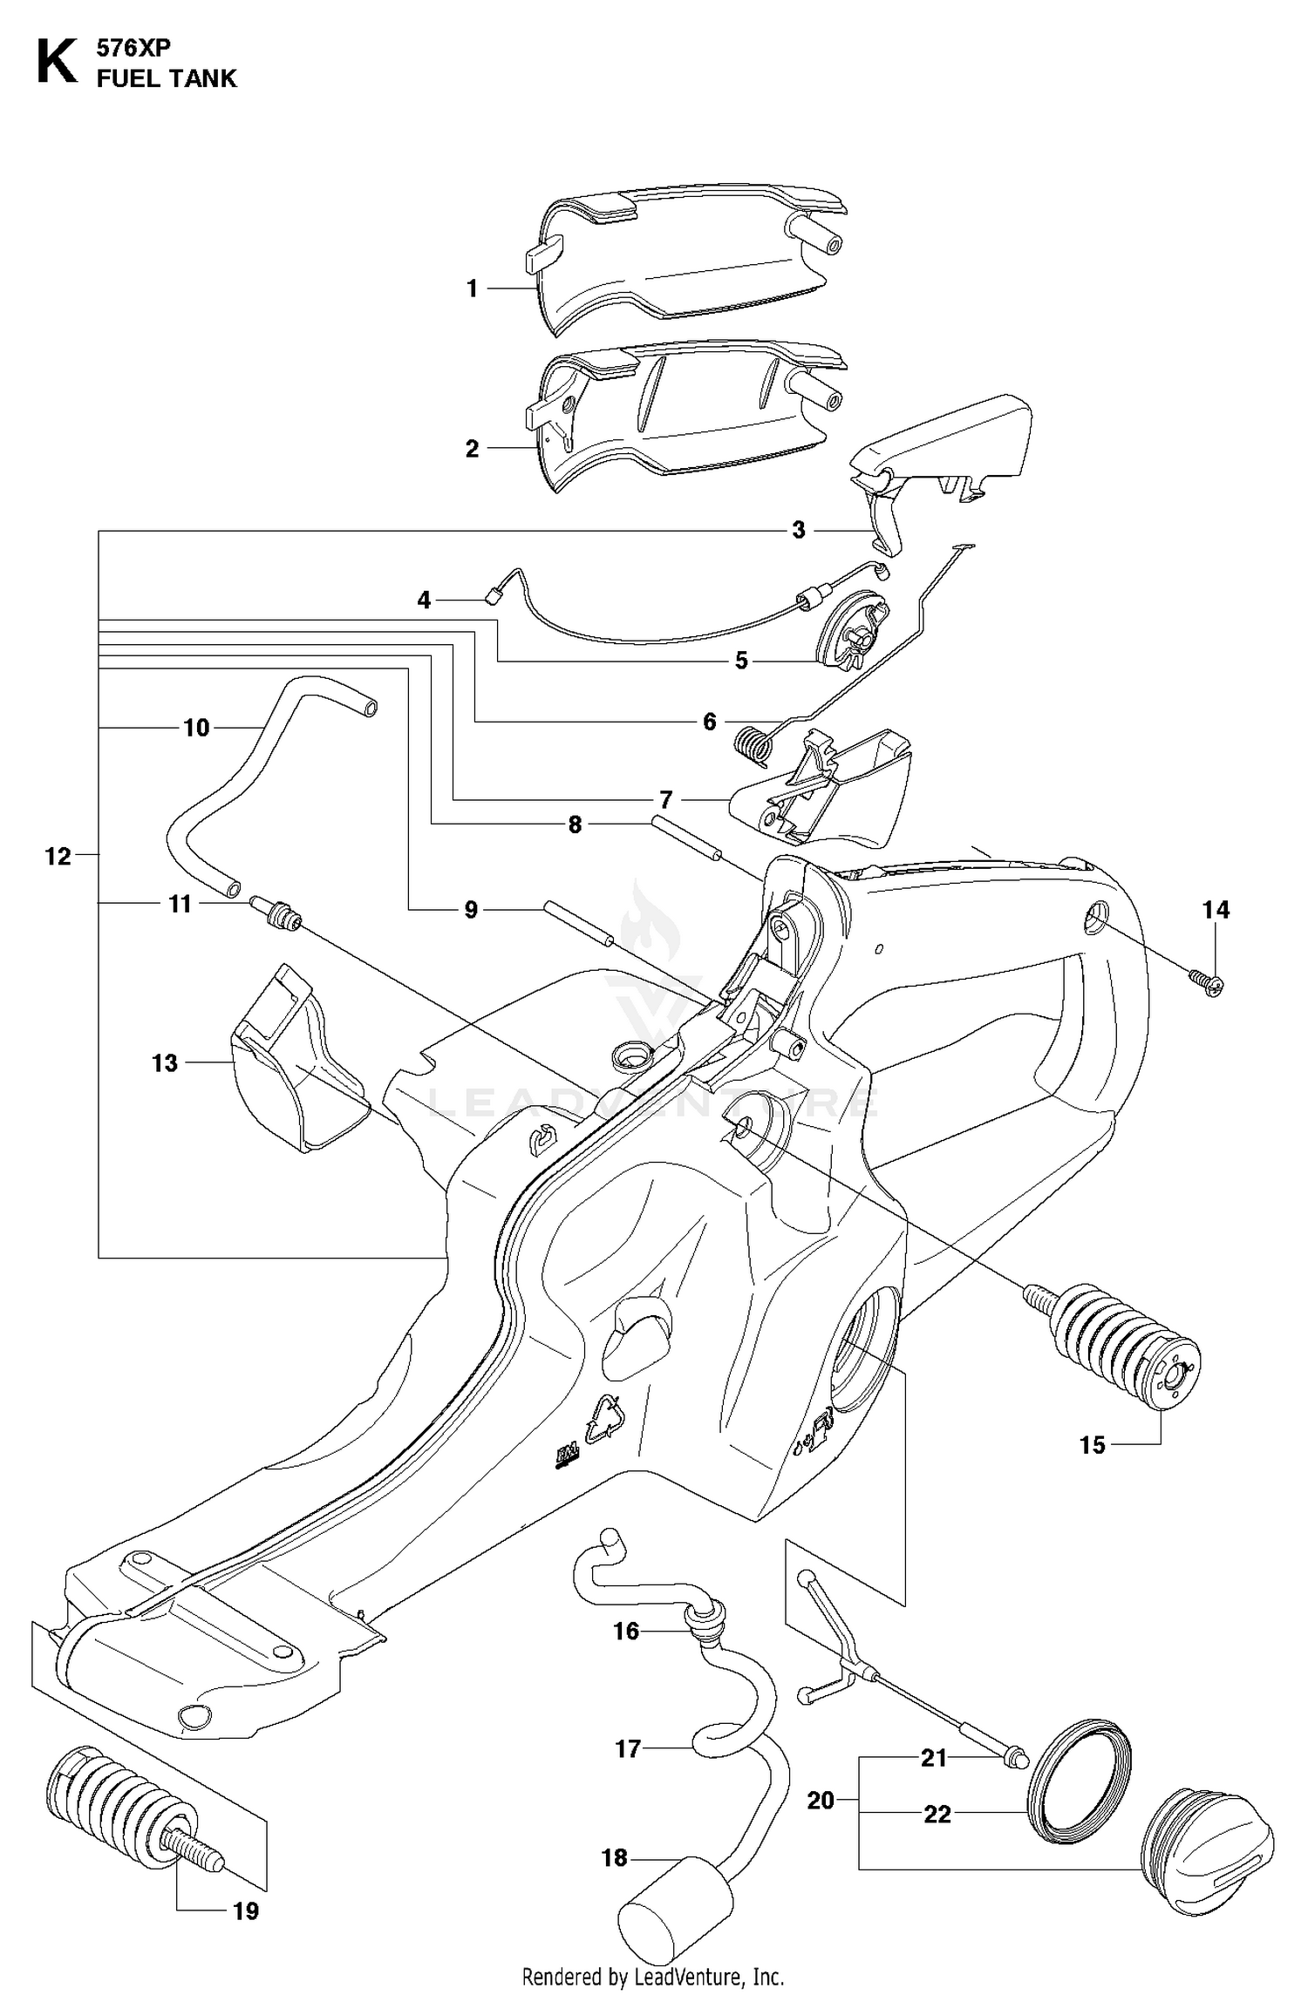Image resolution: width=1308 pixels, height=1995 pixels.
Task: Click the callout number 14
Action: [1216, 910]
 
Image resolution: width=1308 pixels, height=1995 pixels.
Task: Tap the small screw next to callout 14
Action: [1208, 982]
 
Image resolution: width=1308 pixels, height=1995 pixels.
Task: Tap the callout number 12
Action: [58, 857]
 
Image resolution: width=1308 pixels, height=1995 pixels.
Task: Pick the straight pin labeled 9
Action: [579, 922]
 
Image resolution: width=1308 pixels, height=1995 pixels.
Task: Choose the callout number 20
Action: [821, 1800]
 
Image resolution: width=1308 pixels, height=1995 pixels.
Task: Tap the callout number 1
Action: [472, 288]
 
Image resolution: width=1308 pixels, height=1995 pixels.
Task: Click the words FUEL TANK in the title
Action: [167, 78]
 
